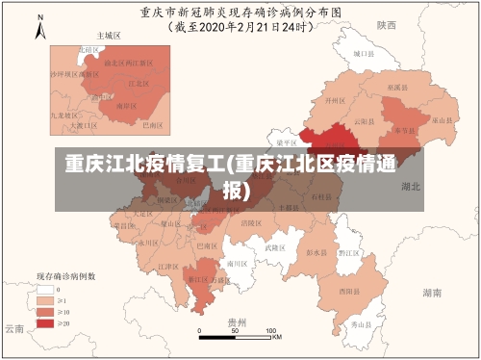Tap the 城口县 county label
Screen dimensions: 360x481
coord(362,56)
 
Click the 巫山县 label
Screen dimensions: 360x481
coord(442,120)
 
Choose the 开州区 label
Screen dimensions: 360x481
coord(334,100)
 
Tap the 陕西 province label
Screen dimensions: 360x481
coord(387,25)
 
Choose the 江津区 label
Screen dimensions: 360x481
coord(167,267)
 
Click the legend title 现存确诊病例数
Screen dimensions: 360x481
coord(65,275)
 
